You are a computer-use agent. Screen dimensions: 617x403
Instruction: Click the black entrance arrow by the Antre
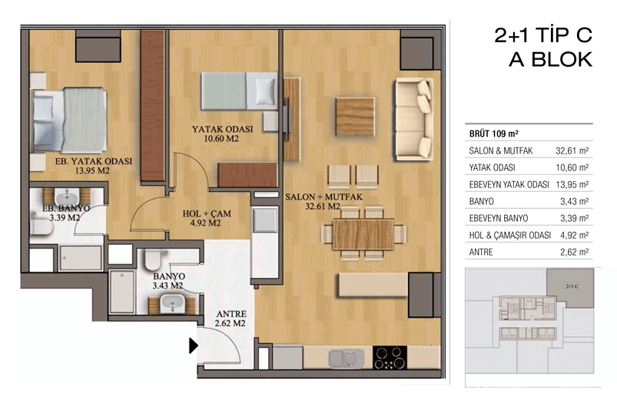(193, 345)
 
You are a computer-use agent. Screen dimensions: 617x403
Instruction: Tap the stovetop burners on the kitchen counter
(390, 358)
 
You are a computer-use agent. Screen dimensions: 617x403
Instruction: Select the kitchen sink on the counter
(347, 358)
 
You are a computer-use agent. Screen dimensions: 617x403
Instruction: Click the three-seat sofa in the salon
(414, 119)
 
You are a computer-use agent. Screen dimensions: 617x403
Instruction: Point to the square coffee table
(354, 117)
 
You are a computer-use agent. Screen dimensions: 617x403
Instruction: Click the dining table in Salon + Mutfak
(363, 234)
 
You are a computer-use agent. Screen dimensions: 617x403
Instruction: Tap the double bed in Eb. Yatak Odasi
(70, 120)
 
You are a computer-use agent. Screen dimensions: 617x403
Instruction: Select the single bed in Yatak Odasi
(239, 91)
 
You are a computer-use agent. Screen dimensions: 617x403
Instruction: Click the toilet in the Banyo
(151, 259)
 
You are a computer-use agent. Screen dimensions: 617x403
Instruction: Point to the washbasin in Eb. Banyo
(67, 197)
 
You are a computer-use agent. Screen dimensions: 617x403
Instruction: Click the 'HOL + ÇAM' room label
(207, 214)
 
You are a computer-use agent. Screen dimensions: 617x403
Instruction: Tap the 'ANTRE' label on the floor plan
(231, 314)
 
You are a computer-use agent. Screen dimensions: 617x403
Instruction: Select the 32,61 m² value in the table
(572, 150)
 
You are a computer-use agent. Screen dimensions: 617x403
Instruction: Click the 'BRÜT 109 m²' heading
(493, 134)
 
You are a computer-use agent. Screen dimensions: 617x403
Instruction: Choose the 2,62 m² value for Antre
(574, 252)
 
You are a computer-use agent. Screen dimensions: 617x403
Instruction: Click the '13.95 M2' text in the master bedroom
(92, 170)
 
